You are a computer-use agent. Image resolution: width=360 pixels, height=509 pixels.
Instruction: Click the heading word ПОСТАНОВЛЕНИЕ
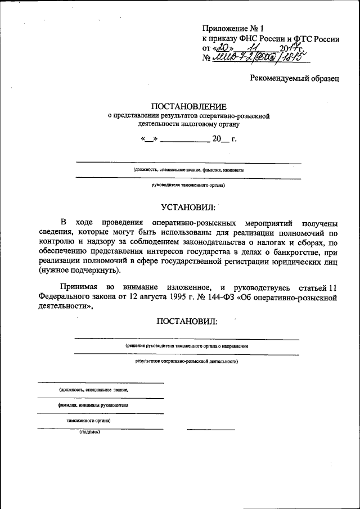tap(188, 106)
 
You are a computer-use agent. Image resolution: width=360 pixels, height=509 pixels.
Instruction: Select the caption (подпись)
tap(89, 433)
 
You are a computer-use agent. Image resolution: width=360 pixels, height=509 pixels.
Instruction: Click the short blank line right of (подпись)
tap(211, 430)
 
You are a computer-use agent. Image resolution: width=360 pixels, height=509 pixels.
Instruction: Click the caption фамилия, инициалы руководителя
tap(93, 405)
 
